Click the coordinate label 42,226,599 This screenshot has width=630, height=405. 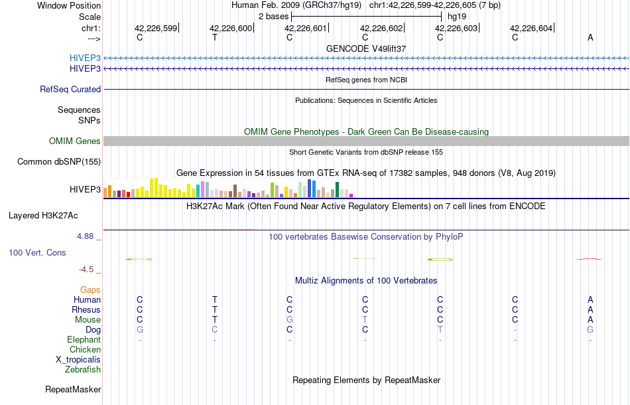coord(156,28)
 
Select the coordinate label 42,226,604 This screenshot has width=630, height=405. coord(531,28)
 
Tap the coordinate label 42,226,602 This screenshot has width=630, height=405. coord(381,28)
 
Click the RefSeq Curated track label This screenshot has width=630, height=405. coord(70,89)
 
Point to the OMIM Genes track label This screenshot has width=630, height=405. coord(75,141)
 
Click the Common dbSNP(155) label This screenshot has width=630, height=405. coord(59,161)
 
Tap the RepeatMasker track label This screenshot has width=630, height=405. coord(73,389)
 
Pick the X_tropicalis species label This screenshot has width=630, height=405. coord(78,359)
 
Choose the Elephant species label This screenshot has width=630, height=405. coord(84,339)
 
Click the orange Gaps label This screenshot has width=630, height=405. coord(90,289)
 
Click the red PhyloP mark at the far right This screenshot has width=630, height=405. coord(590,258)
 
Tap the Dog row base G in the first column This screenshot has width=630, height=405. coord(139,329)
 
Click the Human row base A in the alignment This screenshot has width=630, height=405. coord(590,299)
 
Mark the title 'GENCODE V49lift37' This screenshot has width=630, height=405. coord(366,48)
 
